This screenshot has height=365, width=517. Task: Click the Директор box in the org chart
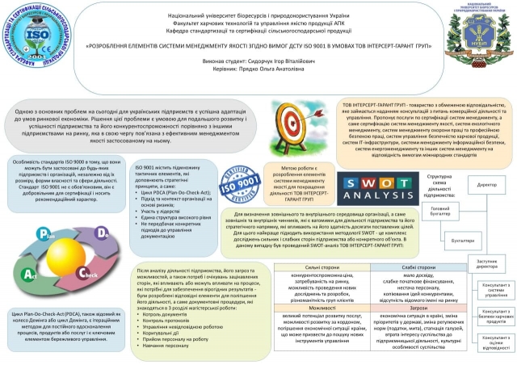(x=487, y=186)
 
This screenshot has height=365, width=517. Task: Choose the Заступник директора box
(x=487, y=263)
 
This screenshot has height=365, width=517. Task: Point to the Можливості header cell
(x=300, y=308)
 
